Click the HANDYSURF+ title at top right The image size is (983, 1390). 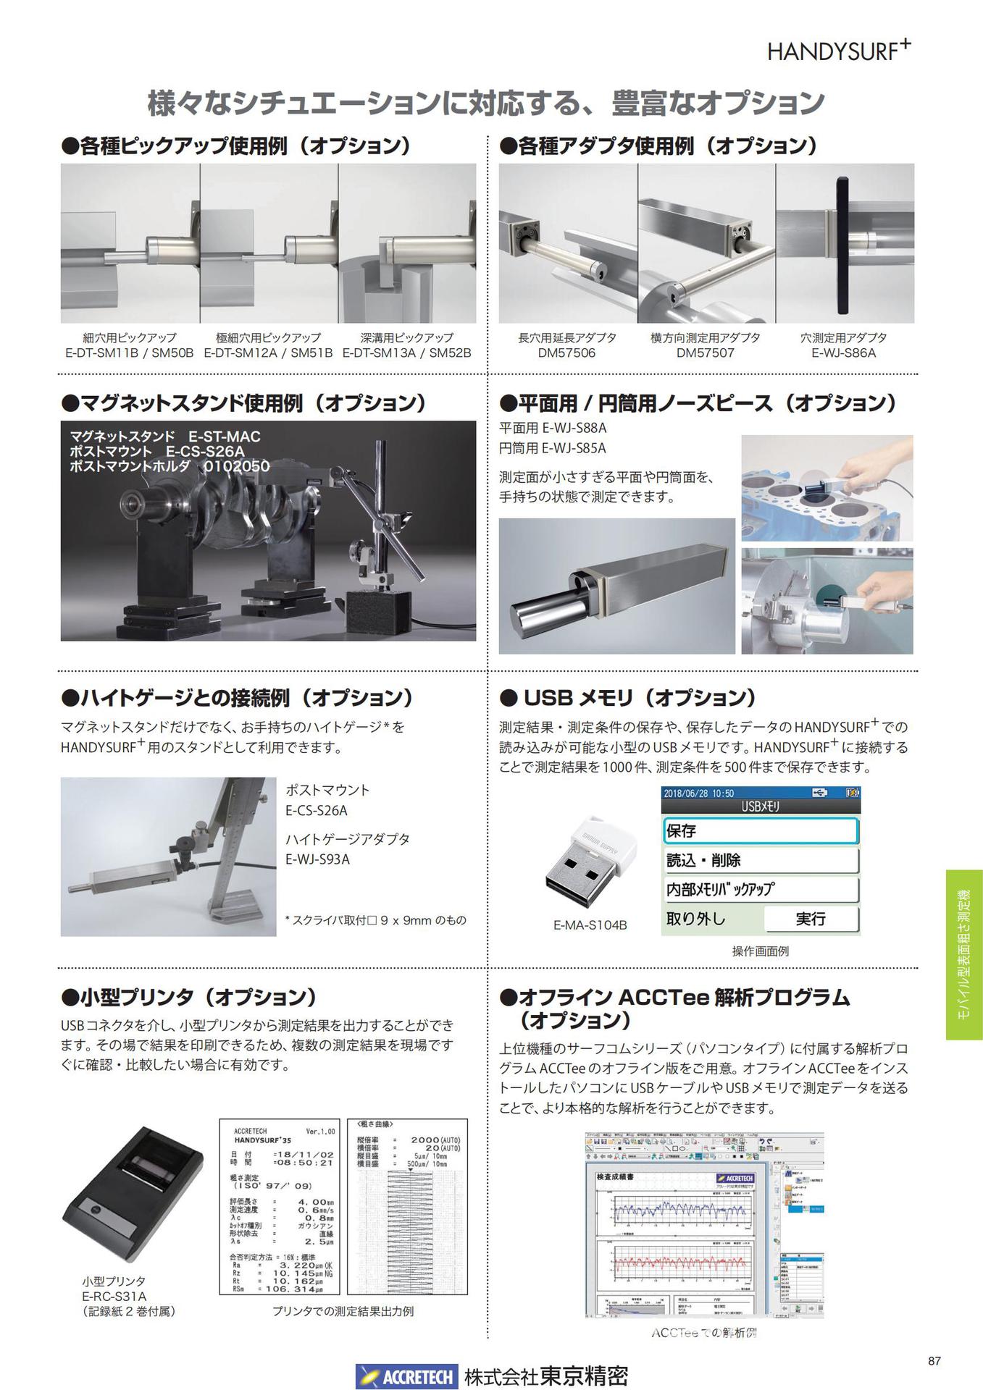[838, 51]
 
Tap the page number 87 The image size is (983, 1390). [934, 1361]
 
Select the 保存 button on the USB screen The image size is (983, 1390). [760, 831]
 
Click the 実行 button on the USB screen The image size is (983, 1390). [811, 919]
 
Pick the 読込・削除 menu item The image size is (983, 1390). [760, 860]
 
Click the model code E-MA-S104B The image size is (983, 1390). [590, 925]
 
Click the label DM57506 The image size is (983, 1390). [566, 353]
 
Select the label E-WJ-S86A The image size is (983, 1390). [843, 353]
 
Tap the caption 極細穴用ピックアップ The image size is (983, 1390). [268, 337]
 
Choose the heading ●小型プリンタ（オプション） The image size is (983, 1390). [190, 997]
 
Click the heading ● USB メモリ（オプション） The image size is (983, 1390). [628, 698]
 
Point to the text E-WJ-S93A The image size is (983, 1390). [317, 859]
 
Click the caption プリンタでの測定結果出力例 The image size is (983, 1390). [343, 1311]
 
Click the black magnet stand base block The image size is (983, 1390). [379, 614]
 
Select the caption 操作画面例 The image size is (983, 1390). [760, 951]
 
